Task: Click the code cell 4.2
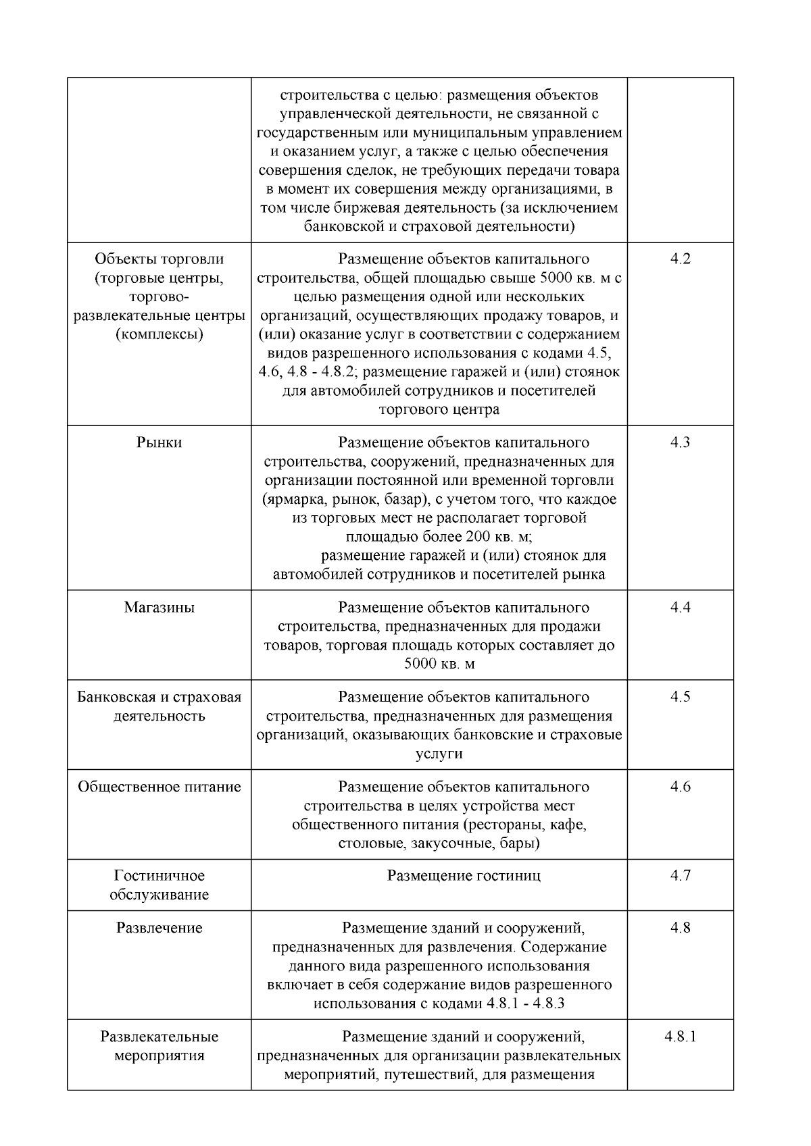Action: [680, 259]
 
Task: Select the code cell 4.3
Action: [680, 443]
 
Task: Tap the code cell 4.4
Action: [680, 608]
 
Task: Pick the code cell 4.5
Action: [680, 697]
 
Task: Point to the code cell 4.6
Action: [680, 787]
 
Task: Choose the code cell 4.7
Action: [680, 876]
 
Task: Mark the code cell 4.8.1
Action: [680, 1037]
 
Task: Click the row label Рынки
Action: [159, 443]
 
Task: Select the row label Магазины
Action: [159, 608]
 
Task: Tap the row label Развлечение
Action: [159, 928]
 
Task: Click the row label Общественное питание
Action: [159, 787]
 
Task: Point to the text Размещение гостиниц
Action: [464, 876]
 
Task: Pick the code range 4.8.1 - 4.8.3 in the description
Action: [526, 1004]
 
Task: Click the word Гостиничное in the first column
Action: [159, 876]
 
